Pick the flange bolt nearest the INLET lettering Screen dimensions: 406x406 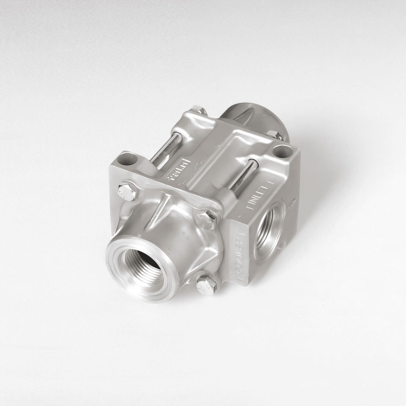(x=207, y=218)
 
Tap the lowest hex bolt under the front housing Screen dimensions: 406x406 (x=206, y=284)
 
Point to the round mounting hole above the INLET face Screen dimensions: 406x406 (x=282, y=151)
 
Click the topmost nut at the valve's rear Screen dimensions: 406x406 (x=199, y=111)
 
